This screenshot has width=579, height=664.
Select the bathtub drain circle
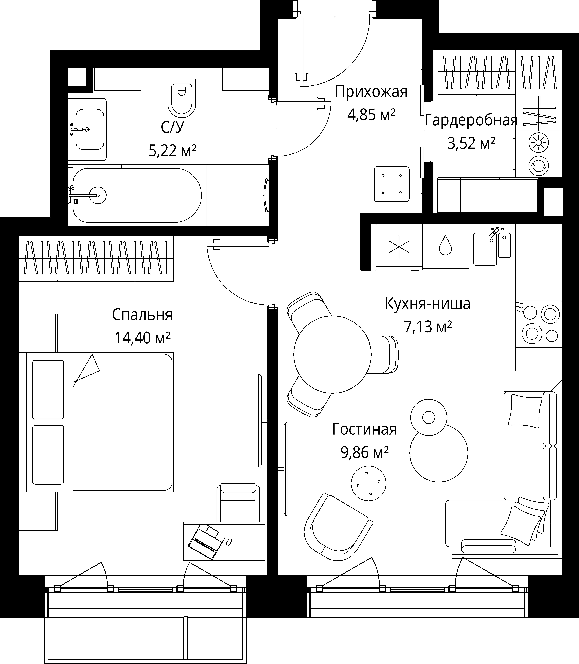click(x=98, y=195)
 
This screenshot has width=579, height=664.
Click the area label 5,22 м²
click(x=173, y=150)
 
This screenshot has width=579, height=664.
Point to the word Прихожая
click(x=371, y=92)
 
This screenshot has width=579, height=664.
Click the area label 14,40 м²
click(x=143, y=338)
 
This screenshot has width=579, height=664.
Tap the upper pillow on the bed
click(x=48, y=389)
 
